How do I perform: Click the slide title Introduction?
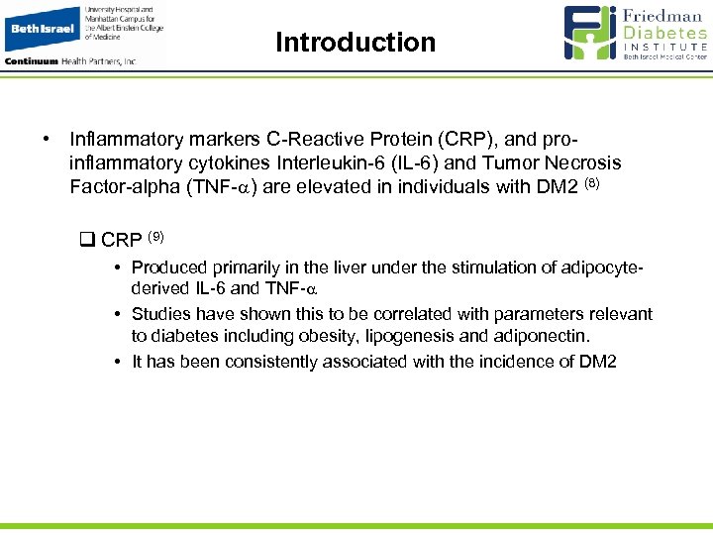(x=356, y=43)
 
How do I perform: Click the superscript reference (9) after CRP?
(x=155, y=236)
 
